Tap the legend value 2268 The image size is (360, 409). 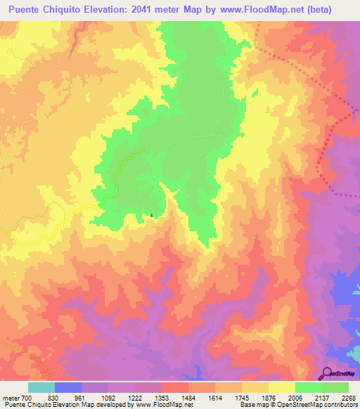click(349, 398)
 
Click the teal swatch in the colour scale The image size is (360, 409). click(41, 387)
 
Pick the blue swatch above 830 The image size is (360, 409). click(68, 387)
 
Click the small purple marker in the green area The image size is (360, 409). click(151, 216)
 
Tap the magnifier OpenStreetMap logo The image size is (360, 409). click(328, 372)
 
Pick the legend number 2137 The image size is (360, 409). click(322, 398)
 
